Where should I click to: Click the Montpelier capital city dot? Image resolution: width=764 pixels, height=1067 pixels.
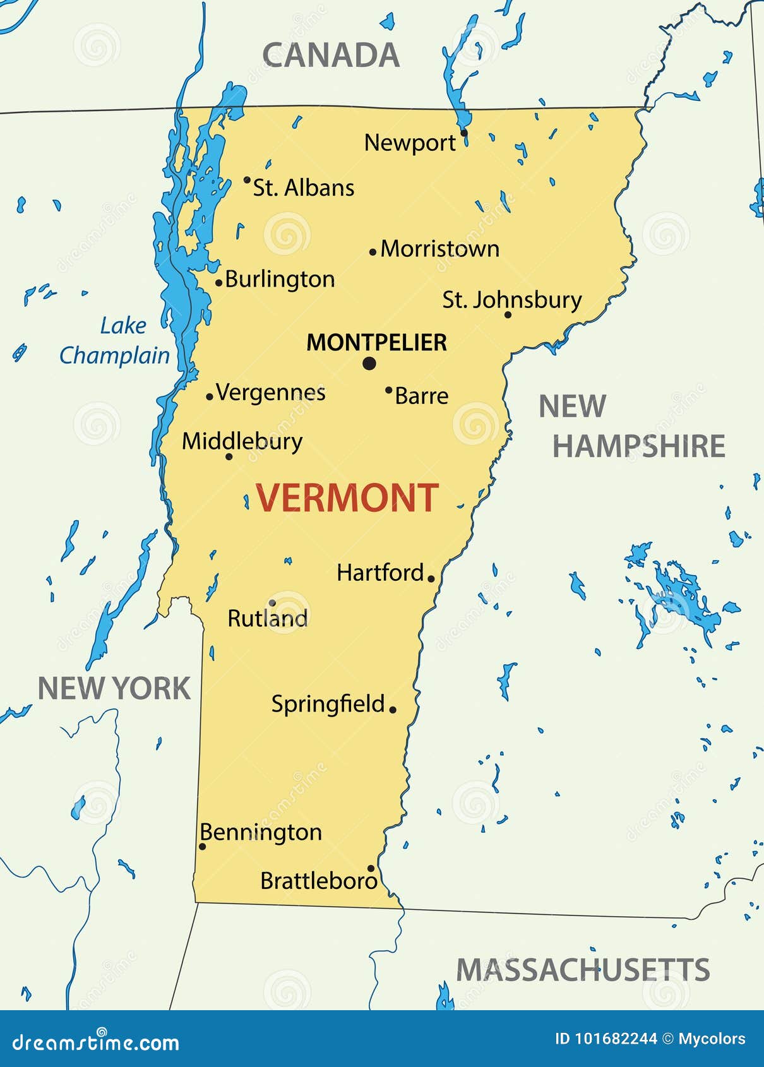point(369,363)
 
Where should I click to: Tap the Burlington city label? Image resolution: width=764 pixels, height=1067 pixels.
point(280,279)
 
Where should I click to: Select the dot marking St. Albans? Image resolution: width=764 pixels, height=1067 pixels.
point(247,180)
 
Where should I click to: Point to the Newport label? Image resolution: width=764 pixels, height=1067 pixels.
point(410,143)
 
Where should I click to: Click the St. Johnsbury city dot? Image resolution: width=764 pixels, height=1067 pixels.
point(508,314)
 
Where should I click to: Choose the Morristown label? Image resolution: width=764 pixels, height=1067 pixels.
point(440,249)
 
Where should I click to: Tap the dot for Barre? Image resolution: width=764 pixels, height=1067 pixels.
point(388,390)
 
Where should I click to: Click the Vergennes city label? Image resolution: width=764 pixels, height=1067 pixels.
point(271,393)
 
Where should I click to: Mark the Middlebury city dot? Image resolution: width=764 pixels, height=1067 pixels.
point(229,456)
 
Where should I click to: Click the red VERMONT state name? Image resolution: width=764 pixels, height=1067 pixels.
point(347,498)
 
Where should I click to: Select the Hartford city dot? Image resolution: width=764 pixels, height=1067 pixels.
point(431,578)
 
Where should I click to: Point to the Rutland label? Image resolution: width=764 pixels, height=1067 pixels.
point(268,619)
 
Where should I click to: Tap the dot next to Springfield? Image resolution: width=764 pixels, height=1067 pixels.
point(393,710)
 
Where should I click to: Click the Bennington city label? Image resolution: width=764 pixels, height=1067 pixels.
point(261,833)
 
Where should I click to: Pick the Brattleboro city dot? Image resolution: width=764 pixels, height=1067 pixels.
point(371,869)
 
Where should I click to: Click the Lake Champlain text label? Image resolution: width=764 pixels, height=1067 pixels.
point(115,341)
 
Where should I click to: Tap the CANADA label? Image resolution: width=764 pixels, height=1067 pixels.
point(330,56)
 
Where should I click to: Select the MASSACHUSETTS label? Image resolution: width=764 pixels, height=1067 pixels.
point(583,970)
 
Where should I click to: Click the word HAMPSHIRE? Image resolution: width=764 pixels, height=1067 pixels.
point(639,446)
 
